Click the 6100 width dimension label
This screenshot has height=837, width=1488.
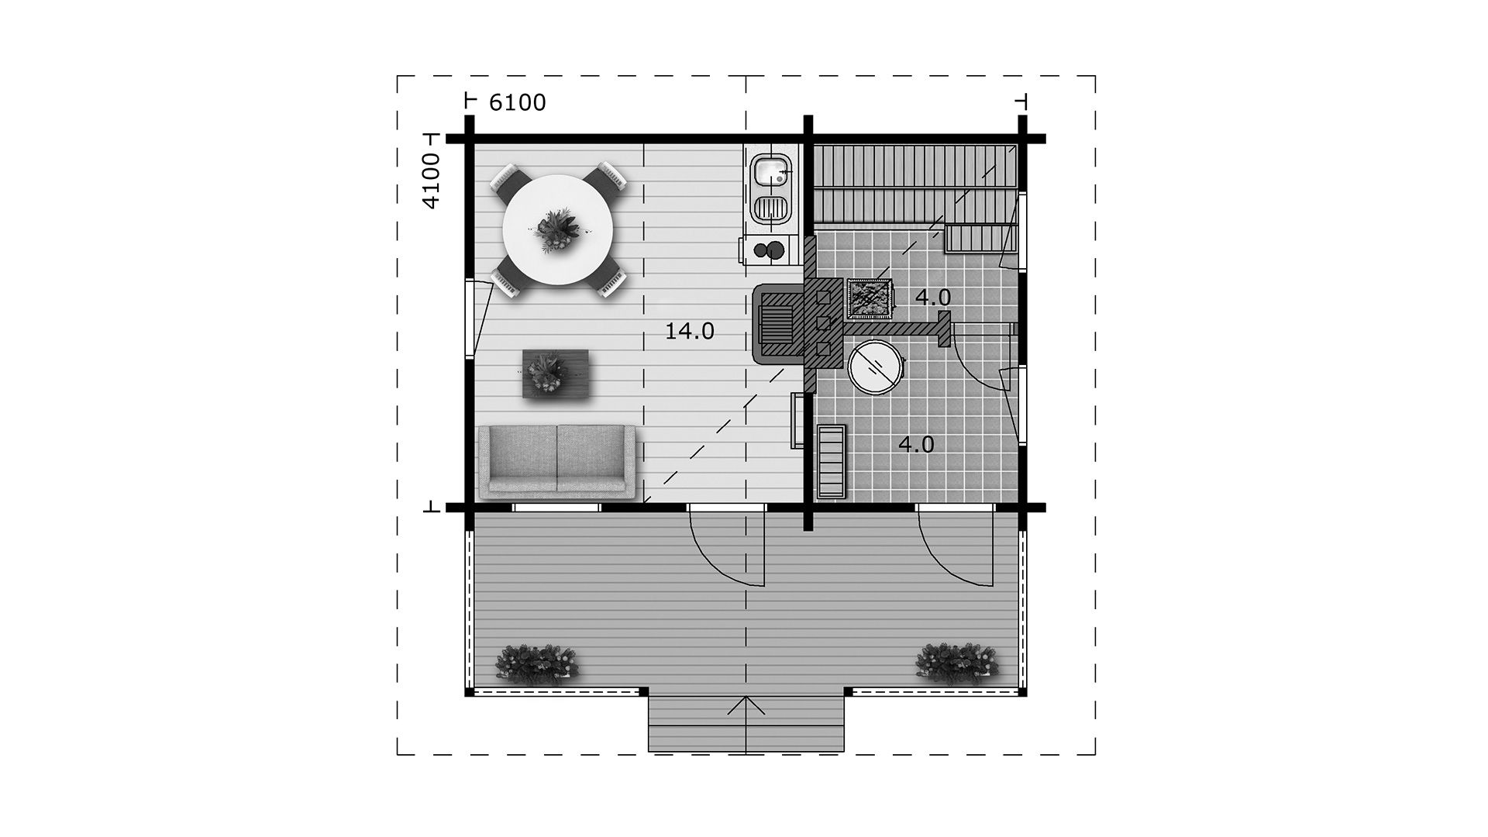click(x=518, y=102)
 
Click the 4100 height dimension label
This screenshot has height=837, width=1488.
click(x=431, y=181)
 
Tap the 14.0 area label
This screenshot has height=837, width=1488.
click(x=690, y=332)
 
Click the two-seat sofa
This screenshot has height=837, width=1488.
click(x=556, y=461)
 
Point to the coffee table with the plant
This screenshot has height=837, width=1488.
click(x=555, y=374)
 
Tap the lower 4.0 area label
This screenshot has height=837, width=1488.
click(x=916, y=445)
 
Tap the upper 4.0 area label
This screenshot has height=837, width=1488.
click(x=932, y=297)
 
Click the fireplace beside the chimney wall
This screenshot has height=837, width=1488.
click(x=779, y=324)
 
